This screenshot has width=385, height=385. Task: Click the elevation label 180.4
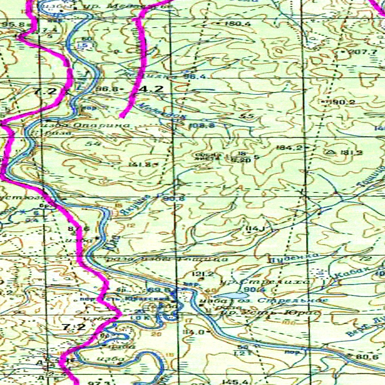coord(238,24)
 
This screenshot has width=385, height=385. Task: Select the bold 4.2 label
coord(151,89)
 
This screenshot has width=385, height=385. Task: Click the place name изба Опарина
coord(84,124)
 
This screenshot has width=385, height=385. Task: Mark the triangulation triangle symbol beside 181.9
coord(331,152)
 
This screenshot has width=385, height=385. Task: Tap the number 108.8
coord(202,126)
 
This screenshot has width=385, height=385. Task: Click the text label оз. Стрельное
coord(285,301)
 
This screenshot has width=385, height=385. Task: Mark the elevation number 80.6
coord(367,356)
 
